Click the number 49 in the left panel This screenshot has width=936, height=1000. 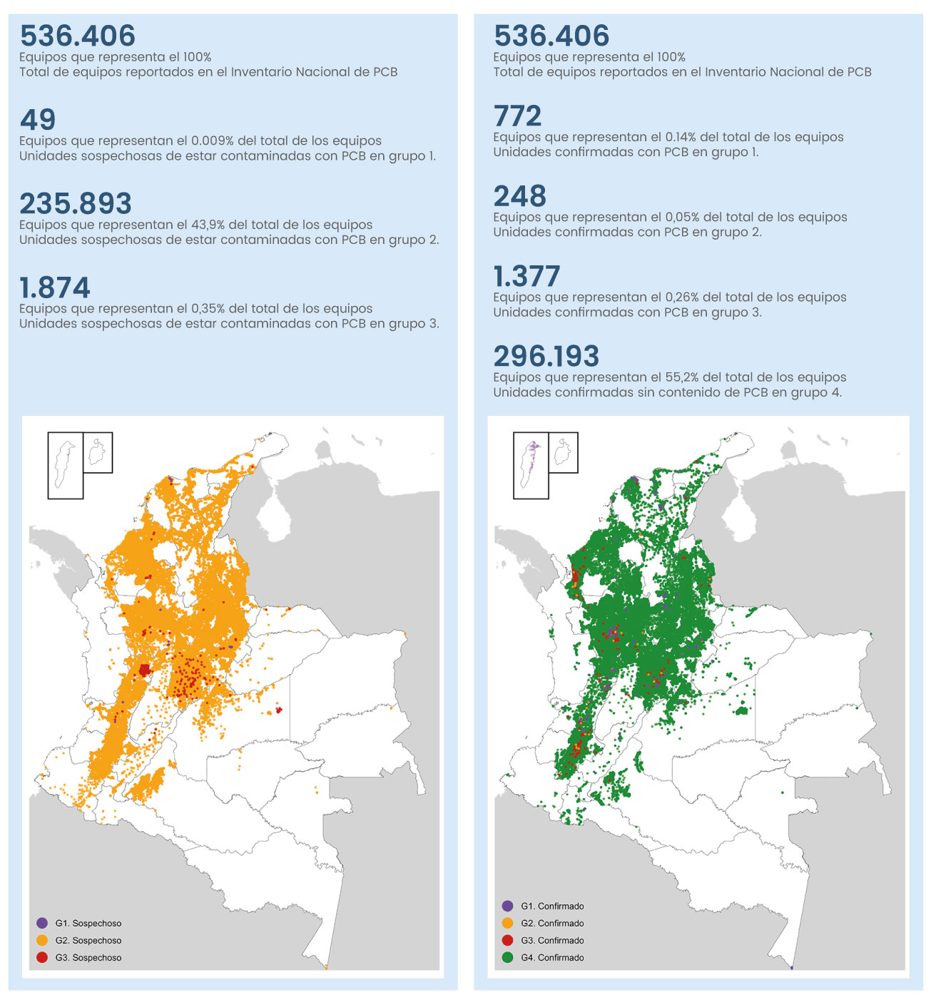pos(38,120)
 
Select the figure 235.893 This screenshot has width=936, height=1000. pos(76,204)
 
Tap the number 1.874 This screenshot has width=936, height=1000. pos(55,288)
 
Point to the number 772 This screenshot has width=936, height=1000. pos(518,116)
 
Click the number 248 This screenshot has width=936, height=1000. pos(520,196)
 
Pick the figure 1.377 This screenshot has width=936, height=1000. pos(527,276)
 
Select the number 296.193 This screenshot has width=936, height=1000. pos(546,356)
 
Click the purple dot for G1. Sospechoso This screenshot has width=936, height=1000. pos(42,923)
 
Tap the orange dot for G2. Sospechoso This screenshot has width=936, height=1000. pos(42,940)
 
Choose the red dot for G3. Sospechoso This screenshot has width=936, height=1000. pos(42,957)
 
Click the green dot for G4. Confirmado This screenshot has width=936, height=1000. pos(507,957)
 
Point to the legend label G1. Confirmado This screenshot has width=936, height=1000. pos(552,906)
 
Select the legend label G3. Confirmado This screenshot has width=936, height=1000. pos(552,940)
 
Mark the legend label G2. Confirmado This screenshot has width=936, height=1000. pos(552,923)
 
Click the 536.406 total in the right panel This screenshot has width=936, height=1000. pos(551,36)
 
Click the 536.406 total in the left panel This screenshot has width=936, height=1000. pos(78,36)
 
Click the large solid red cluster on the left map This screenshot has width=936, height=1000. pos(145,670)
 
